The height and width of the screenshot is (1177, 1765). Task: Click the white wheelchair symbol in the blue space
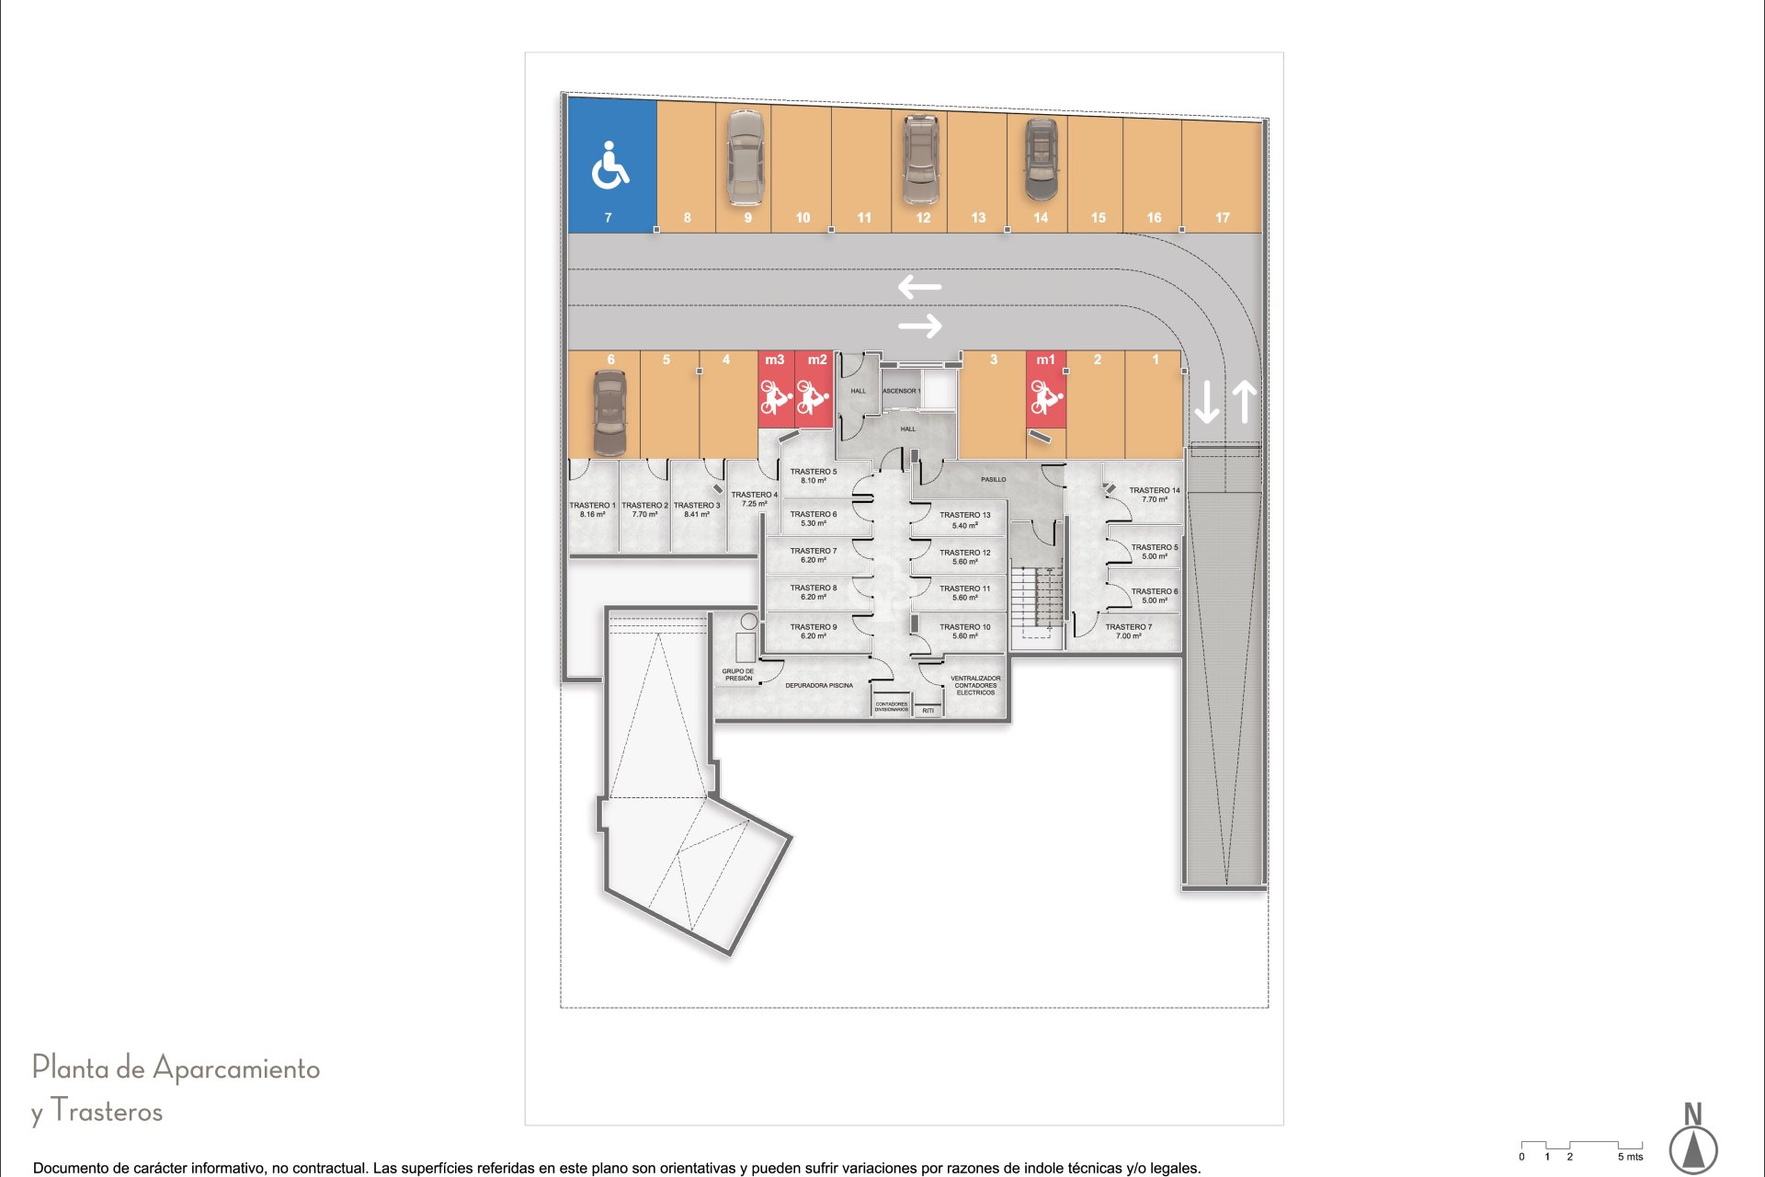pos(609,166)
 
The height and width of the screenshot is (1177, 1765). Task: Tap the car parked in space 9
pos(745,157)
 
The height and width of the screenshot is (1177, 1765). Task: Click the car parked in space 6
pos(609,413)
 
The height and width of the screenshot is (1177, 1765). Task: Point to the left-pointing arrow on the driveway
pos(919,287)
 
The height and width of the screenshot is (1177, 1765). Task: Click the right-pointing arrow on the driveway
pos(920,326)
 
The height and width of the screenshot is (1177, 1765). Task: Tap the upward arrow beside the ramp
pos(1244,402)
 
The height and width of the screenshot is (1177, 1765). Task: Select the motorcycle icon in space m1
pos(1046,396)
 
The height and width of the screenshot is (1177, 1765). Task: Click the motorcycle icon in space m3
pos(775,398)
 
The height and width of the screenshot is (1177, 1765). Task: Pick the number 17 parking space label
pos(1222,218)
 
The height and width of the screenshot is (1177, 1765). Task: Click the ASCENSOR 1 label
pos(901,391)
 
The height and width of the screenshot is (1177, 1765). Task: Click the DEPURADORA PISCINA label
pos(818,685)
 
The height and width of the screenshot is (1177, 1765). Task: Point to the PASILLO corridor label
pos(993,479)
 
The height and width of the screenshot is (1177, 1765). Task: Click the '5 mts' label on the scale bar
pos(1629,1157)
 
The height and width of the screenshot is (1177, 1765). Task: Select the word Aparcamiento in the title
pos(235,1068)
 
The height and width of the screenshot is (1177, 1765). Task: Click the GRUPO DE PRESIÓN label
pos(737,675)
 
